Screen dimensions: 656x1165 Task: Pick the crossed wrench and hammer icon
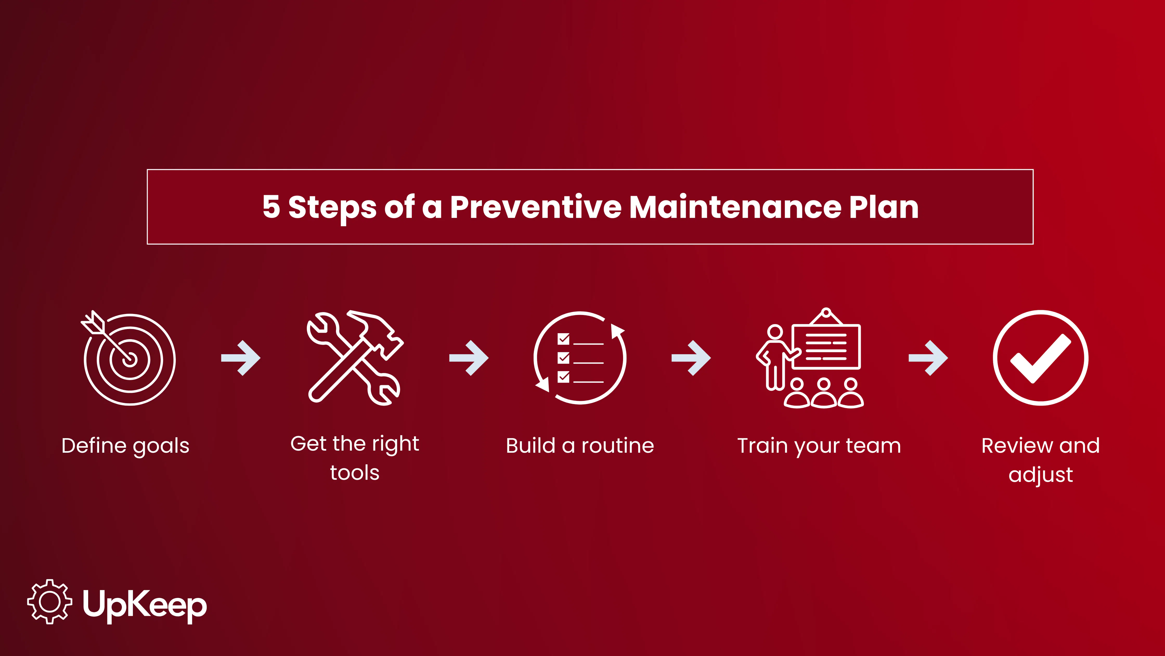[355, 358]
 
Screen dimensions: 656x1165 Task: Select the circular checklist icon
[580, 358]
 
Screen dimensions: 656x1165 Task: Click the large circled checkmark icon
[1040, 358]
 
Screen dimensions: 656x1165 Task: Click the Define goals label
[125, 446]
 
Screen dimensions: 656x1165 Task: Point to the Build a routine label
[580, 446]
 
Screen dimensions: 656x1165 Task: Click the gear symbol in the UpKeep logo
[50, 602]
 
